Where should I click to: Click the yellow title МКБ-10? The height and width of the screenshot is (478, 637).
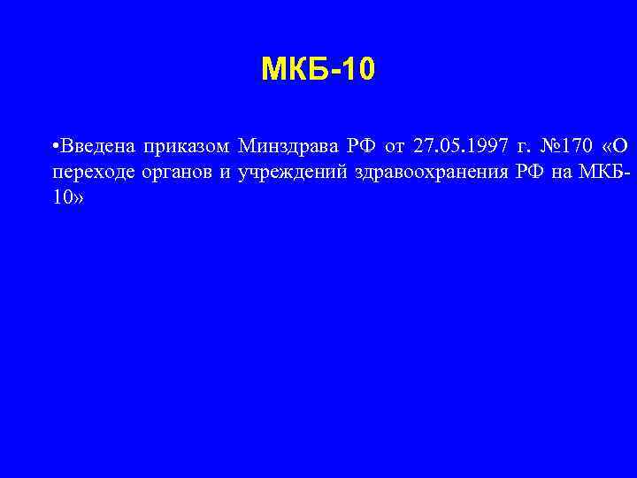coord(318,69)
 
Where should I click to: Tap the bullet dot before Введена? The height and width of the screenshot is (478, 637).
coord(55,145)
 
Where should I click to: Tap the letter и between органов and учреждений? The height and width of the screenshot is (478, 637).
coord(225,173)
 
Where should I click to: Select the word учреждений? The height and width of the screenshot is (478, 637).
coord(291,173)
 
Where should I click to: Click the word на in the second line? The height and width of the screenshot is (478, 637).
coord(562,173)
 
